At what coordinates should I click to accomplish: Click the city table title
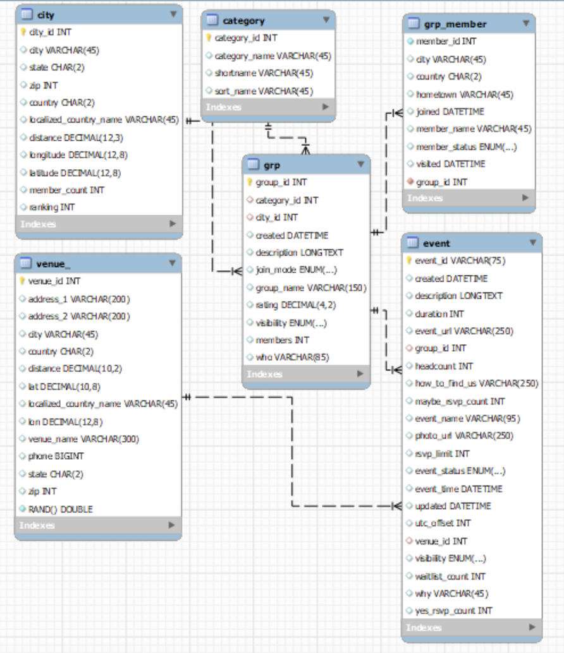click(x=46, y=15)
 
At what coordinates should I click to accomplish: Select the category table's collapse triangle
click(x=326, y=20)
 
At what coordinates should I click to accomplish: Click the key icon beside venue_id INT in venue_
click(x=22, y=281)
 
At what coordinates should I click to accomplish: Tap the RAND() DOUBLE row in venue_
click(x=61, y=509)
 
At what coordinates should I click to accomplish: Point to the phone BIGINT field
click(x=56, y=457)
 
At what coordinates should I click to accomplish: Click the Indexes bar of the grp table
click(x=306, y=374)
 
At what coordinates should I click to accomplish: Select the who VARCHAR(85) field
click(x=292, y=357)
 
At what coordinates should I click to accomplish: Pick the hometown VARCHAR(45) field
click(x=464, y=95)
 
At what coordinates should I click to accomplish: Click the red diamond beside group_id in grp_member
click(x=410, y=182)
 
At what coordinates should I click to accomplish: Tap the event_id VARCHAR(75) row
click(x=460, y=261)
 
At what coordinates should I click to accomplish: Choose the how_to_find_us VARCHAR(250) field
click(x=477, y=383)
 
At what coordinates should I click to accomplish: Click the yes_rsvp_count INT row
click(x=453, y=611)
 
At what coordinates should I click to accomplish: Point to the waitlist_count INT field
click(x=450, y=577)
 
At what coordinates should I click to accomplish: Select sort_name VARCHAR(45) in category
click(x=264, y=91)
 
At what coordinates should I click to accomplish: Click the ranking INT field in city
click(x=52, y=207)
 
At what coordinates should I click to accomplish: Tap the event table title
click(x=436, y=243)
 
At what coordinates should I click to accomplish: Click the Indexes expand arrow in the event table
click(x=532, y=626)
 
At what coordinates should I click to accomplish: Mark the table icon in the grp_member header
click(x=414, y=23)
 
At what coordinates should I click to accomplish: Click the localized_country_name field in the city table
click(x=104, y=120)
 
